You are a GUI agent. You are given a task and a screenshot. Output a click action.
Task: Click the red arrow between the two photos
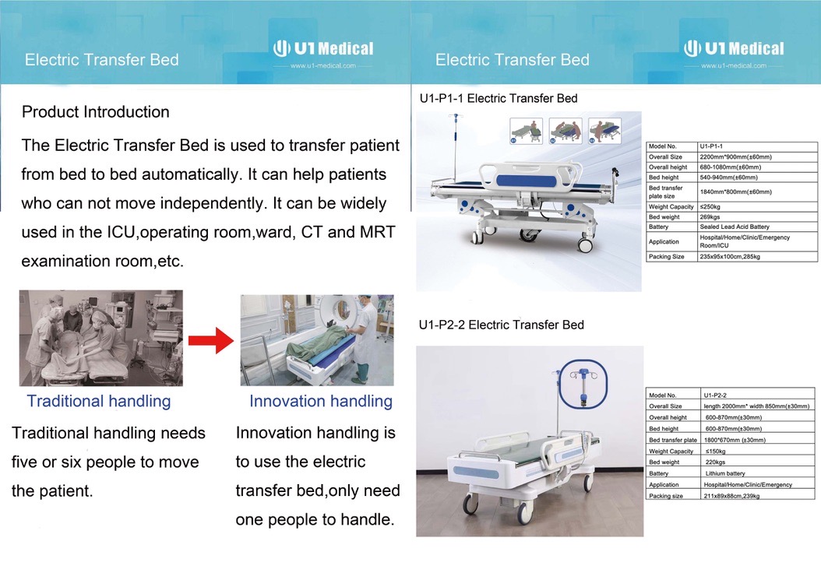[x=211, y=341]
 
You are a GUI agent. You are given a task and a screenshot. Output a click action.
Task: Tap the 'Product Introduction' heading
[x=96, y=112]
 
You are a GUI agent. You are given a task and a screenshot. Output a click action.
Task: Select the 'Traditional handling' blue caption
[x=99, y=401]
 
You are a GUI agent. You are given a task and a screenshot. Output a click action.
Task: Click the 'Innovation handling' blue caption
[x=321, y=401]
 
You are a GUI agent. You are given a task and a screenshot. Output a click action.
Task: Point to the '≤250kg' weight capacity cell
[x=710, y=207]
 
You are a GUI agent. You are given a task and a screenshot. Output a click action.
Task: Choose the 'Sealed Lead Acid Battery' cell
[x=735, y=227]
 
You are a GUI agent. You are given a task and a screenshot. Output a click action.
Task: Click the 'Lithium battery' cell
[x=725, y=473]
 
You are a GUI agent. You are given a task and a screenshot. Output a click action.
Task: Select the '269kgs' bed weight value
[x=710, y=216]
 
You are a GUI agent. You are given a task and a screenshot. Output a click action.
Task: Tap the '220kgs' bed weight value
[x=715, y=462]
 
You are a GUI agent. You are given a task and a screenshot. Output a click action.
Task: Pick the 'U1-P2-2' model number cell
[x=715, y=395]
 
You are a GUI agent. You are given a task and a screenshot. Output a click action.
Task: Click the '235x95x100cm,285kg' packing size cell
[x=730, y=256]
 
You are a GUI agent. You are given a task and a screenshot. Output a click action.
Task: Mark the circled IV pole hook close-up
[x=583, y=385]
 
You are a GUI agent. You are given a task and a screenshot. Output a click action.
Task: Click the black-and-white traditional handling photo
[x=101, y=338]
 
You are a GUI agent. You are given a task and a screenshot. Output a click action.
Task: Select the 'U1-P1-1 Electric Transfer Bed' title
[x=499, y=98]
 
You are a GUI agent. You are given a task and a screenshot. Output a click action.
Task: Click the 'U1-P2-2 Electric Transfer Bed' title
[x=501, y=325]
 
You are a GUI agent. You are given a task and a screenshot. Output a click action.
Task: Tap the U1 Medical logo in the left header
[x=323, y=49]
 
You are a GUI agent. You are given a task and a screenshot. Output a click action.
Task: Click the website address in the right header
[x=734, y=65]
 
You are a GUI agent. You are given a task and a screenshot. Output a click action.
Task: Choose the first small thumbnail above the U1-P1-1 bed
[x=526, y=130]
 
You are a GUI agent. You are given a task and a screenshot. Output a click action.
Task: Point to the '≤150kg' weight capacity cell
[x=715, y=452]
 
